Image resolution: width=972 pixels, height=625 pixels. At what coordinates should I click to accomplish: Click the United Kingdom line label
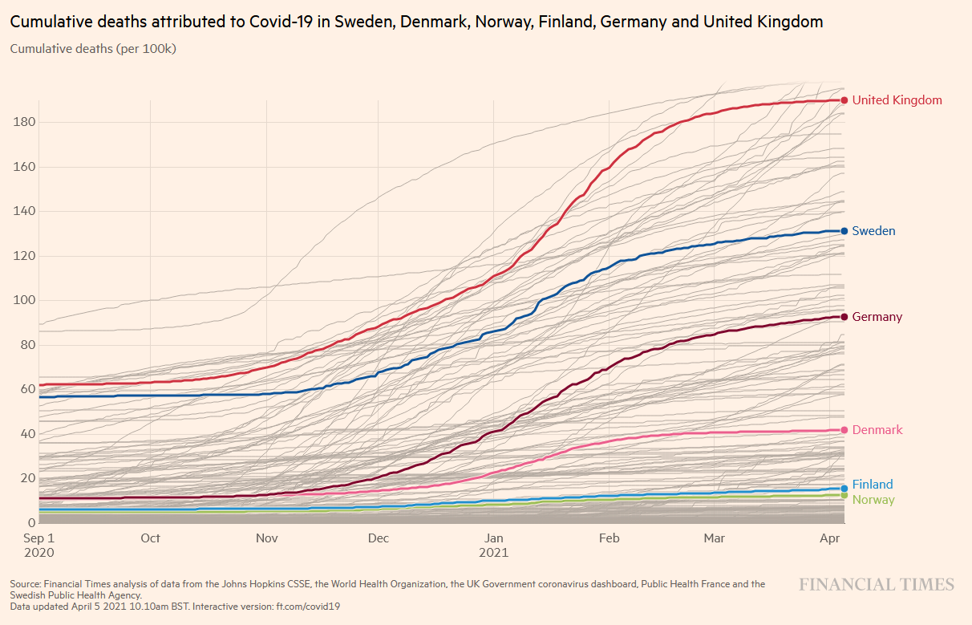pos(897,100)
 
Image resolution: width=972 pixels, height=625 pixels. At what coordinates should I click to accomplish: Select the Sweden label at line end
pos(873,231)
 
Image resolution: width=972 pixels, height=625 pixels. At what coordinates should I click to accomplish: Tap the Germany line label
pos(877,317)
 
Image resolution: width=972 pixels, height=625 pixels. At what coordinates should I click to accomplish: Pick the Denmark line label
pos(877,430)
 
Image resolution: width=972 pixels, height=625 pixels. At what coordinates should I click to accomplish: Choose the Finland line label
pos(872,485)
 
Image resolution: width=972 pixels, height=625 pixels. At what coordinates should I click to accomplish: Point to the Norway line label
pos(873,500)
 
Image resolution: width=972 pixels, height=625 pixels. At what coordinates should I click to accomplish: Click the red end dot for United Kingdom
pos(844,100)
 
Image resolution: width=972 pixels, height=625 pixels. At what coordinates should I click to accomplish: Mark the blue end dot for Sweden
pos(844,231)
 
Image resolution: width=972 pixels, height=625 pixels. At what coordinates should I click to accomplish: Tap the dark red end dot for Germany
pos(844,317)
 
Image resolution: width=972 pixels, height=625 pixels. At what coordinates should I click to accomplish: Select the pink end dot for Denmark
pos(844,430)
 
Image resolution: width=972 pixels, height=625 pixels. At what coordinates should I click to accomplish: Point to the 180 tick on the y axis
pos(23,122)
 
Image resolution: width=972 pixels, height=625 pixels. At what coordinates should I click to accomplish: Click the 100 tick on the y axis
pos(23,300)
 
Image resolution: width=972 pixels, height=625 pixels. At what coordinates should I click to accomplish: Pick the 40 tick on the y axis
pos(26,434)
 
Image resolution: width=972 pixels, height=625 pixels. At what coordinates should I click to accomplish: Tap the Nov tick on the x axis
pos(266,538)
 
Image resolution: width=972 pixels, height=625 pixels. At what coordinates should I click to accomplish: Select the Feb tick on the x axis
pos(609,538)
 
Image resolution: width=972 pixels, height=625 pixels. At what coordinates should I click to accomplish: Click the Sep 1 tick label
pos(38,538)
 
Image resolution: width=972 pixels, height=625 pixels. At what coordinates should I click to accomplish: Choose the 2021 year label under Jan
pos(494,553)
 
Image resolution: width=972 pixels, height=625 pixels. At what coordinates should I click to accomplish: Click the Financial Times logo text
pos(876,585)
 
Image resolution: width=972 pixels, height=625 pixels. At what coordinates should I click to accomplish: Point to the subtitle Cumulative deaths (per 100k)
pos(92,49)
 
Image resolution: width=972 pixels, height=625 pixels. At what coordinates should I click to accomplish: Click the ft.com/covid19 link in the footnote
pos(309,607)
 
